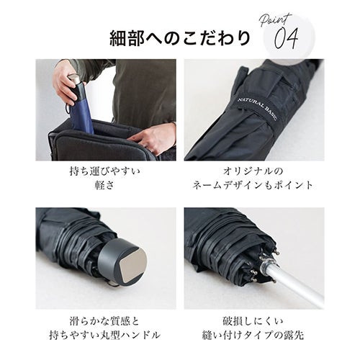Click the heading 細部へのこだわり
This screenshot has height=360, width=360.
[180, 38]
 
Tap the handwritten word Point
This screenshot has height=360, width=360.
[276, 20]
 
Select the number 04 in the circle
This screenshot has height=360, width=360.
[287, 38]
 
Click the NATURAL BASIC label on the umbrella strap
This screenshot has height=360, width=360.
[257, 109]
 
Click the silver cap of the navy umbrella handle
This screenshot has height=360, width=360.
[73, 79]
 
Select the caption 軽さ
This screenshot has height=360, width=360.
[104, 185]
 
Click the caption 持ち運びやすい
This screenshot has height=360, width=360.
[104, 171]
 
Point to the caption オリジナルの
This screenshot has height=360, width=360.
[253, 171]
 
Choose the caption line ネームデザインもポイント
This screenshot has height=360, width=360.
[253, 185]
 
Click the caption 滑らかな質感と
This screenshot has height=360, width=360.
[104, 321]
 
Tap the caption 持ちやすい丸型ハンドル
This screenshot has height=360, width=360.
[104, 335]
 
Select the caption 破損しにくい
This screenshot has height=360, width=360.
[253, 321]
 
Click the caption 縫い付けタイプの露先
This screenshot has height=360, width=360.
[253, 335]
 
